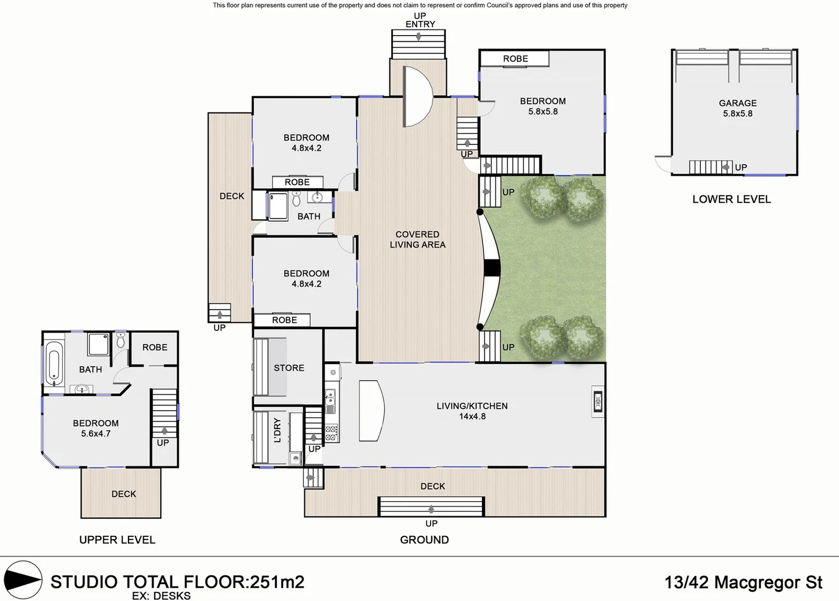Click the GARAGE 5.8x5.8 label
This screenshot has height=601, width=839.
click(x=737, y=108)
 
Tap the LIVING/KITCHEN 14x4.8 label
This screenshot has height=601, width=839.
click(x=472, y=411)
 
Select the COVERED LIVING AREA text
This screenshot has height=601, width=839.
click(x=417, y=239)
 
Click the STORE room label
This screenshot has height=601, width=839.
click(x=289, y=368)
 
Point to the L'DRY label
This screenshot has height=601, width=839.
click(x=277, y=430)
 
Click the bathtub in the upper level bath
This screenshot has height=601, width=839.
click(x=53, y=363)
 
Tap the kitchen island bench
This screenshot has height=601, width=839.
click(x=371, y=411)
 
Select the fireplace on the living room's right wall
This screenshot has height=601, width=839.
click(x=598, y=401)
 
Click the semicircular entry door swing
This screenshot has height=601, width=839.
click(x=417, y=96)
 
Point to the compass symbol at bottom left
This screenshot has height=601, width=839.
click(x=23, y=580)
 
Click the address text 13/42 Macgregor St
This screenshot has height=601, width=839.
click(x=743, y=582)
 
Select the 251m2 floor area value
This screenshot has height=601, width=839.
click(x=277, y=582)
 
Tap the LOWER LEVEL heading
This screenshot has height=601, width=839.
click(x=731, y=199)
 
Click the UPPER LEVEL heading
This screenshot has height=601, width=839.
click(x=117, y=540)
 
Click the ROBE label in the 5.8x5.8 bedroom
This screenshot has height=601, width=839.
click(x=515, y=58)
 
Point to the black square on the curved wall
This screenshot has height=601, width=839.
click(x=492, y=268)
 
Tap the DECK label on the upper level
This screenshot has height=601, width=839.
click(x=124, y=494)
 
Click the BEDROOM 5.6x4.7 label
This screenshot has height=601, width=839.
click(x=96, y=428)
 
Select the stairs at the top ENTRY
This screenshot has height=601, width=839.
click(x=418, y=44)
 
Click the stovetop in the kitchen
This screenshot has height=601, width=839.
click(x=332, y=432)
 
